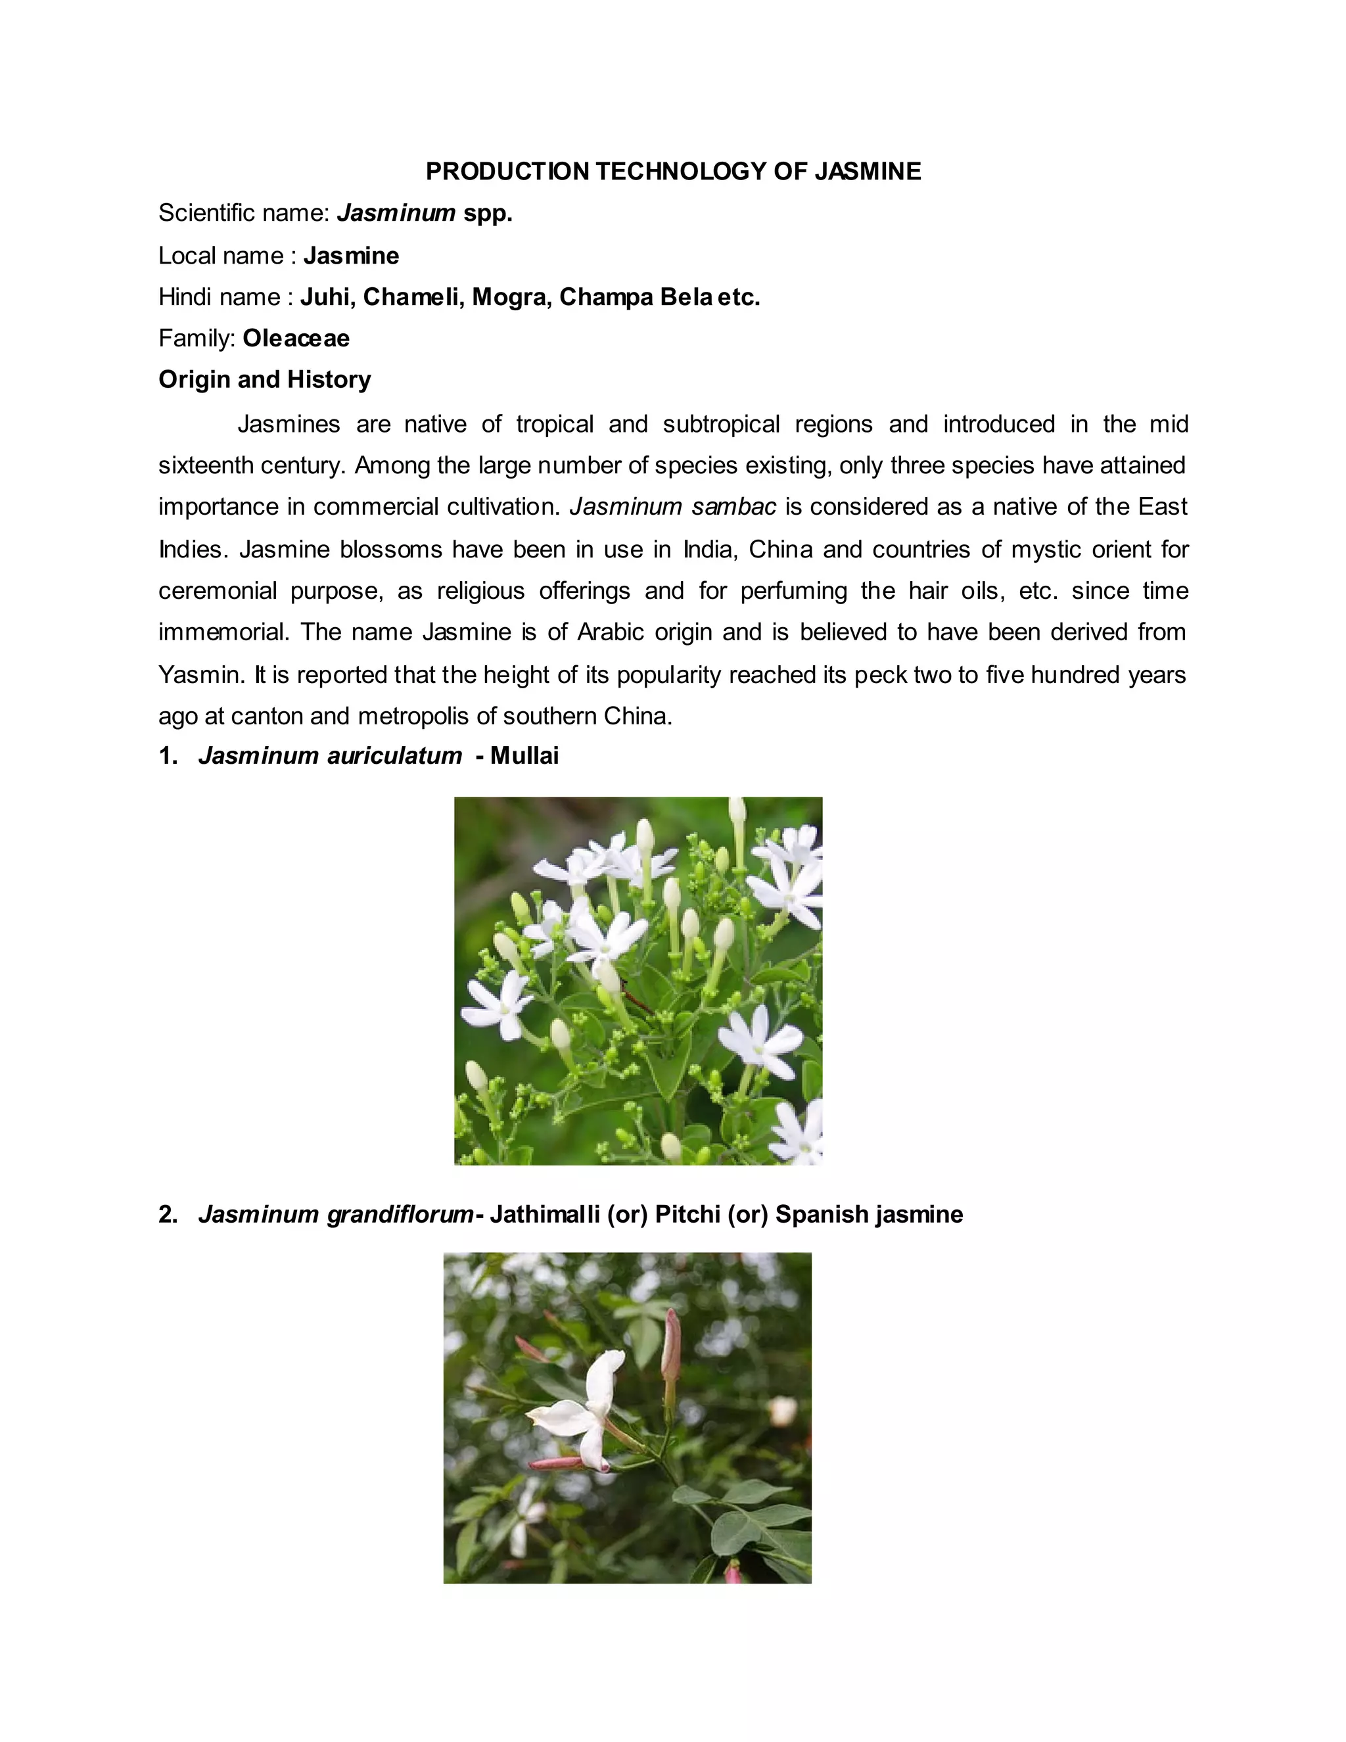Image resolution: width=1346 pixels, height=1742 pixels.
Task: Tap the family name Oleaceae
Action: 296,338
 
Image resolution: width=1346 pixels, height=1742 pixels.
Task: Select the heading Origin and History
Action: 265,380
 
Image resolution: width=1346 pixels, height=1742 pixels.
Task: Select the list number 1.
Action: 168,755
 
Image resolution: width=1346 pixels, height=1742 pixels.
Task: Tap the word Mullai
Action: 524,755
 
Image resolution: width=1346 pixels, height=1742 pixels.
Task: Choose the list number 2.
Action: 168,1214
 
